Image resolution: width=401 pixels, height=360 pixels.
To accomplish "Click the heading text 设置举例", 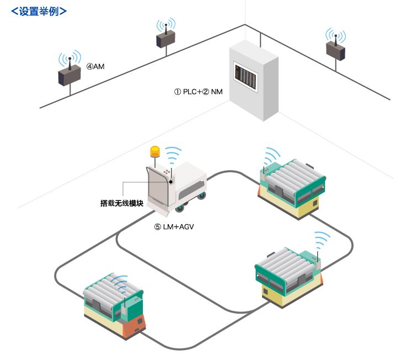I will point(39,10).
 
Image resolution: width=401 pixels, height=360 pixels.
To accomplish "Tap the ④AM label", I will point(95,67).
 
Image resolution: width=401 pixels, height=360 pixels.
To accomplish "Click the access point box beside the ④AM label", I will point(69,76).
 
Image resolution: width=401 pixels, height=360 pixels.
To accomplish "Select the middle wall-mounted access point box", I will point(166,39).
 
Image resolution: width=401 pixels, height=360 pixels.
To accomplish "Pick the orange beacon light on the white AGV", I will point(155,151).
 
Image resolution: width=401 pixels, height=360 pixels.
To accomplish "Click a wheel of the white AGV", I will point(180,208).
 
